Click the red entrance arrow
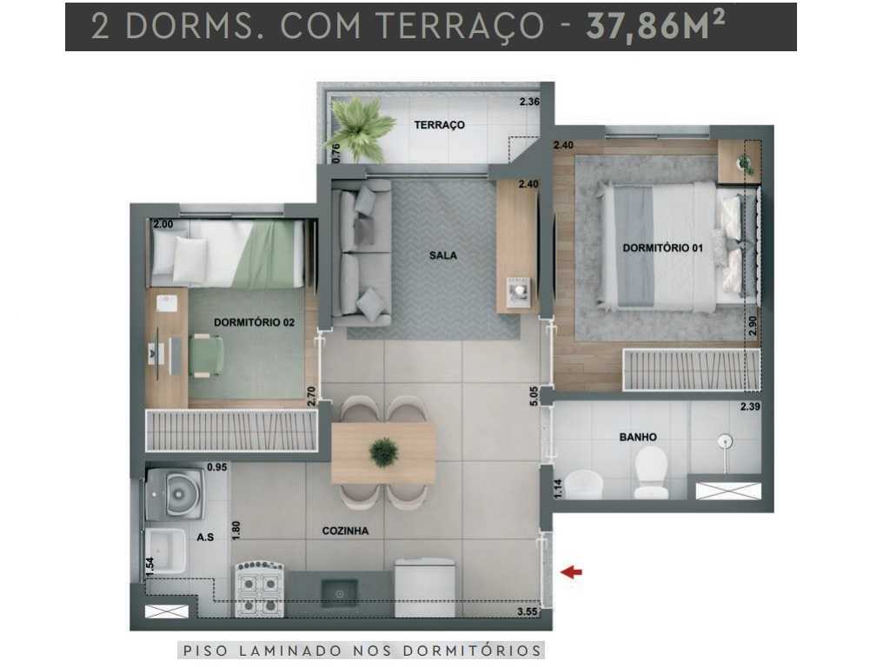(572, 571)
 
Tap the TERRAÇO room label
(439, 125)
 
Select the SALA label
(442, 255)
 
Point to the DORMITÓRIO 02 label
(254, 322)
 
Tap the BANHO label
(638, 437)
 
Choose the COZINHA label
(345, 531)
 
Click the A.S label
(205, 538)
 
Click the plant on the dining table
(383, 452)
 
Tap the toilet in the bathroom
(649, 476)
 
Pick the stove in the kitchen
(259, 590)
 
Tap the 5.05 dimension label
(534, 396)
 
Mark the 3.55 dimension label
(526, 612)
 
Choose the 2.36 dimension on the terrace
(529, 102)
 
